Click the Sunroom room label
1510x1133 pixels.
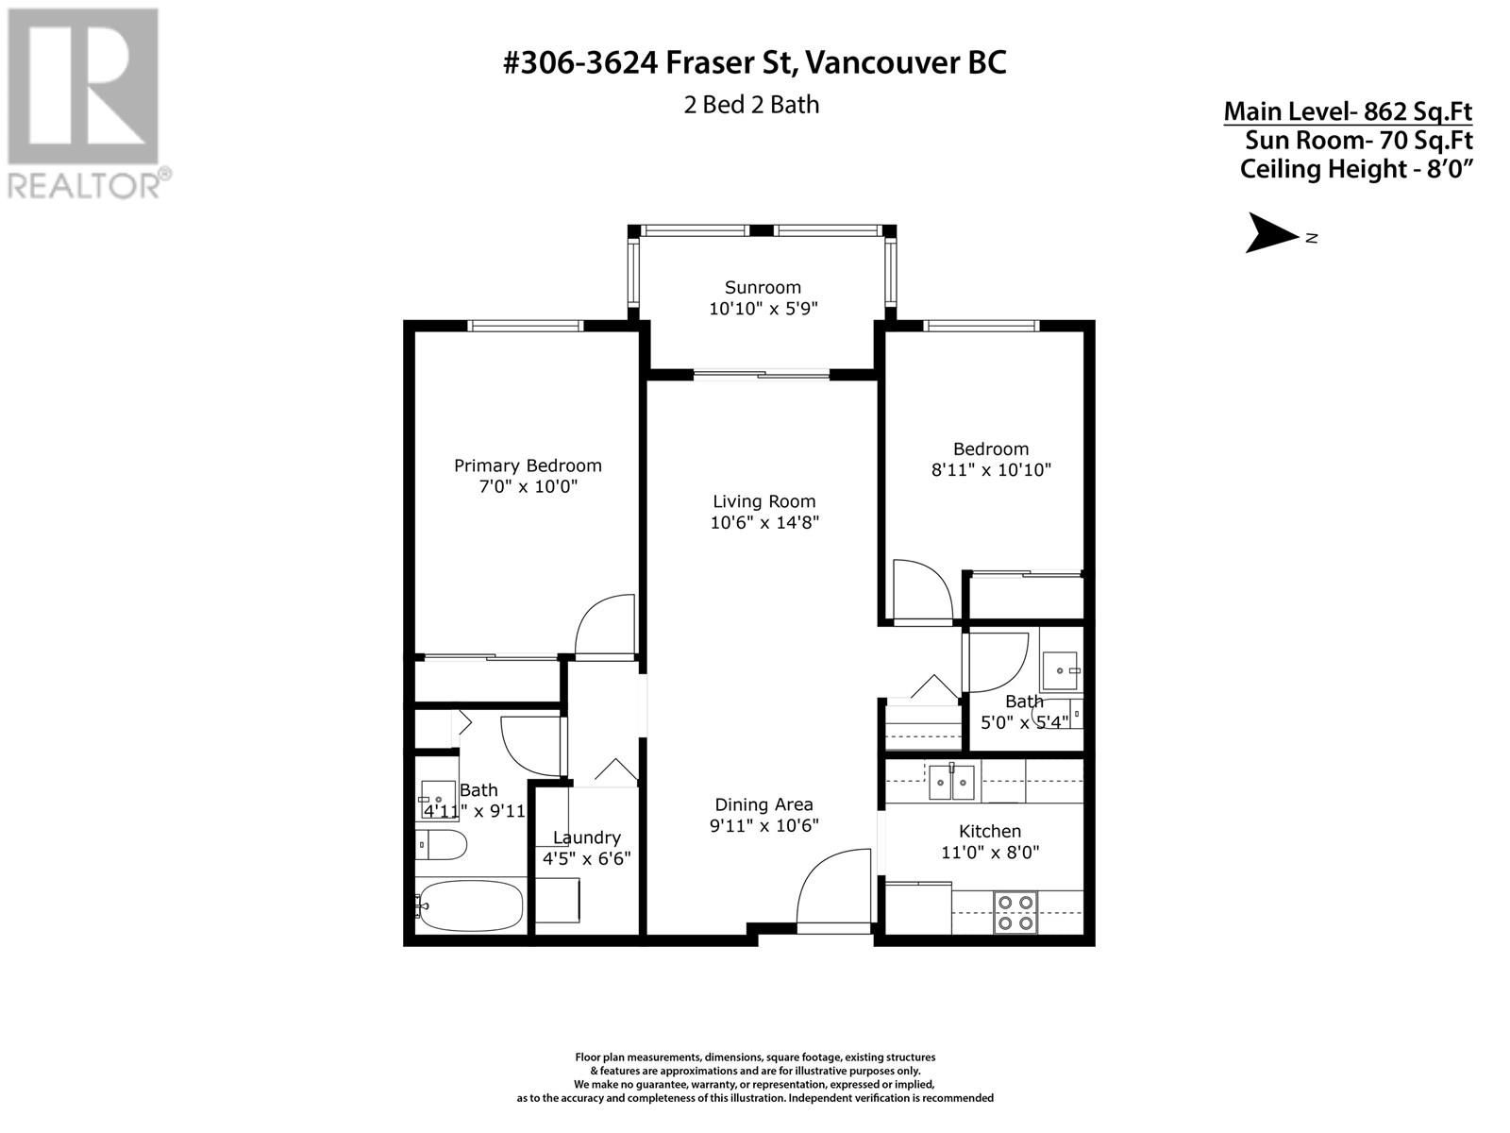point(763,288)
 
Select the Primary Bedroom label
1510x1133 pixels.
point(528,465)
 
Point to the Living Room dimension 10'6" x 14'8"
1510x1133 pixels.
point(764,522)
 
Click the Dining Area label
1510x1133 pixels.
point(763,804)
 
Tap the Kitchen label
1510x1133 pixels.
point(990,831)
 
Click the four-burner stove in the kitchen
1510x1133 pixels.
point(1015,912)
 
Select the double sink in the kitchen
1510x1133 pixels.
point(951,783)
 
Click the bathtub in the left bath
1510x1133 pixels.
point(471,906)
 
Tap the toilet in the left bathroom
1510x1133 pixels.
point(441,844)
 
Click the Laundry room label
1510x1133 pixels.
point(587,837)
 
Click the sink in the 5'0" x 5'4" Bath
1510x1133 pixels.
point(1060,670)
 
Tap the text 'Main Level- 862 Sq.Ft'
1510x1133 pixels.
point(1348,111)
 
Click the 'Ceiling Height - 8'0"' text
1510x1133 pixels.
point(1356,169)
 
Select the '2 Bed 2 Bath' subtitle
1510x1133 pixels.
point(751,105)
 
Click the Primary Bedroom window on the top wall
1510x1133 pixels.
point(526,326)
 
